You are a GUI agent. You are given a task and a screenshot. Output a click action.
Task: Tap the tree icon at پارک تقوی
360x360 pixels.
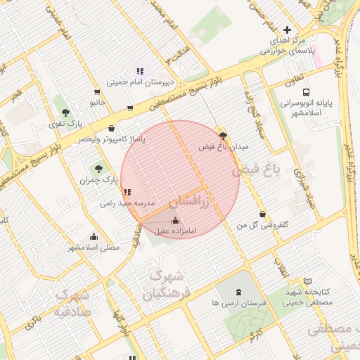[x=65, y=112]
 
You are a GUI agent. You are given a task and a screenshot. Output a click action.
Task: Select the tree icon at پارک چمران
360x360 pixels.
[x=98, y=169]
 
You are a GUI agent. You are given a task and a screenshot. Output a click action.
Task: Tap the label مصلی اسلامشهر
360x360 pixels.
[x=94, y=247]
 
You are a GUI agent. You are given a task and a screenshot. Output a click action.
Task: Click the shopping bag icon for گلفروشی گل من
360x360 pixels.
[x=263, y=214]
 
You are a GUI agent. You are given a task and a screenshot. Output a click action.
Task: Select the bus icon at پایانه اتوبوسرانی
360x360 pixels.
[x=306, y=92]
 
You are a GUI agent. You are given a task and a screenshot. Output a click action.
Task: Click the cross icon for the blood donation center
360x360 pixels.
[x=286, y=30]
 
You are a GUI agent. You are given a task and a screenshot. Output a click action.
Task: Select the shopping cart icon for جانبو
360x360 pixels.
[x=96, y=91]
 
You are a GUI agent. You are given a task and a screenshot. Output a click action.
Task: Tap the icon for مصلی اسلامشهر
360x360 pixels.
[x=94, y=237]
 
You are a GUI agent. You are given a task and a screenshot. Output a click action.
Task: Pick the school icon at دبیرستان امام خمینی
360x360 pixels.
[x=139, y=71]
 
